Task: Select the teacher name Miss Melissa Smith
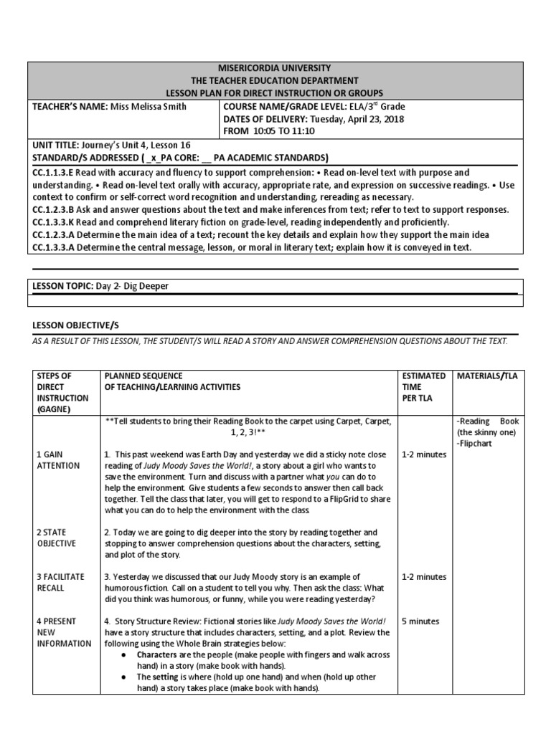[x=148, y=107]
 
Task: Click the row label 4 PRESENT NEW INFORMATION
[x=64, y=632]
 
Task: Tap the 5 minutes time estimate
[x=420, y=621]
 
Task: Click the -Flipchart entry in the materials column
[x=474, y=444]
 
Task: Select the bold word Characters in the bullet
[x=159, y=654]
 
